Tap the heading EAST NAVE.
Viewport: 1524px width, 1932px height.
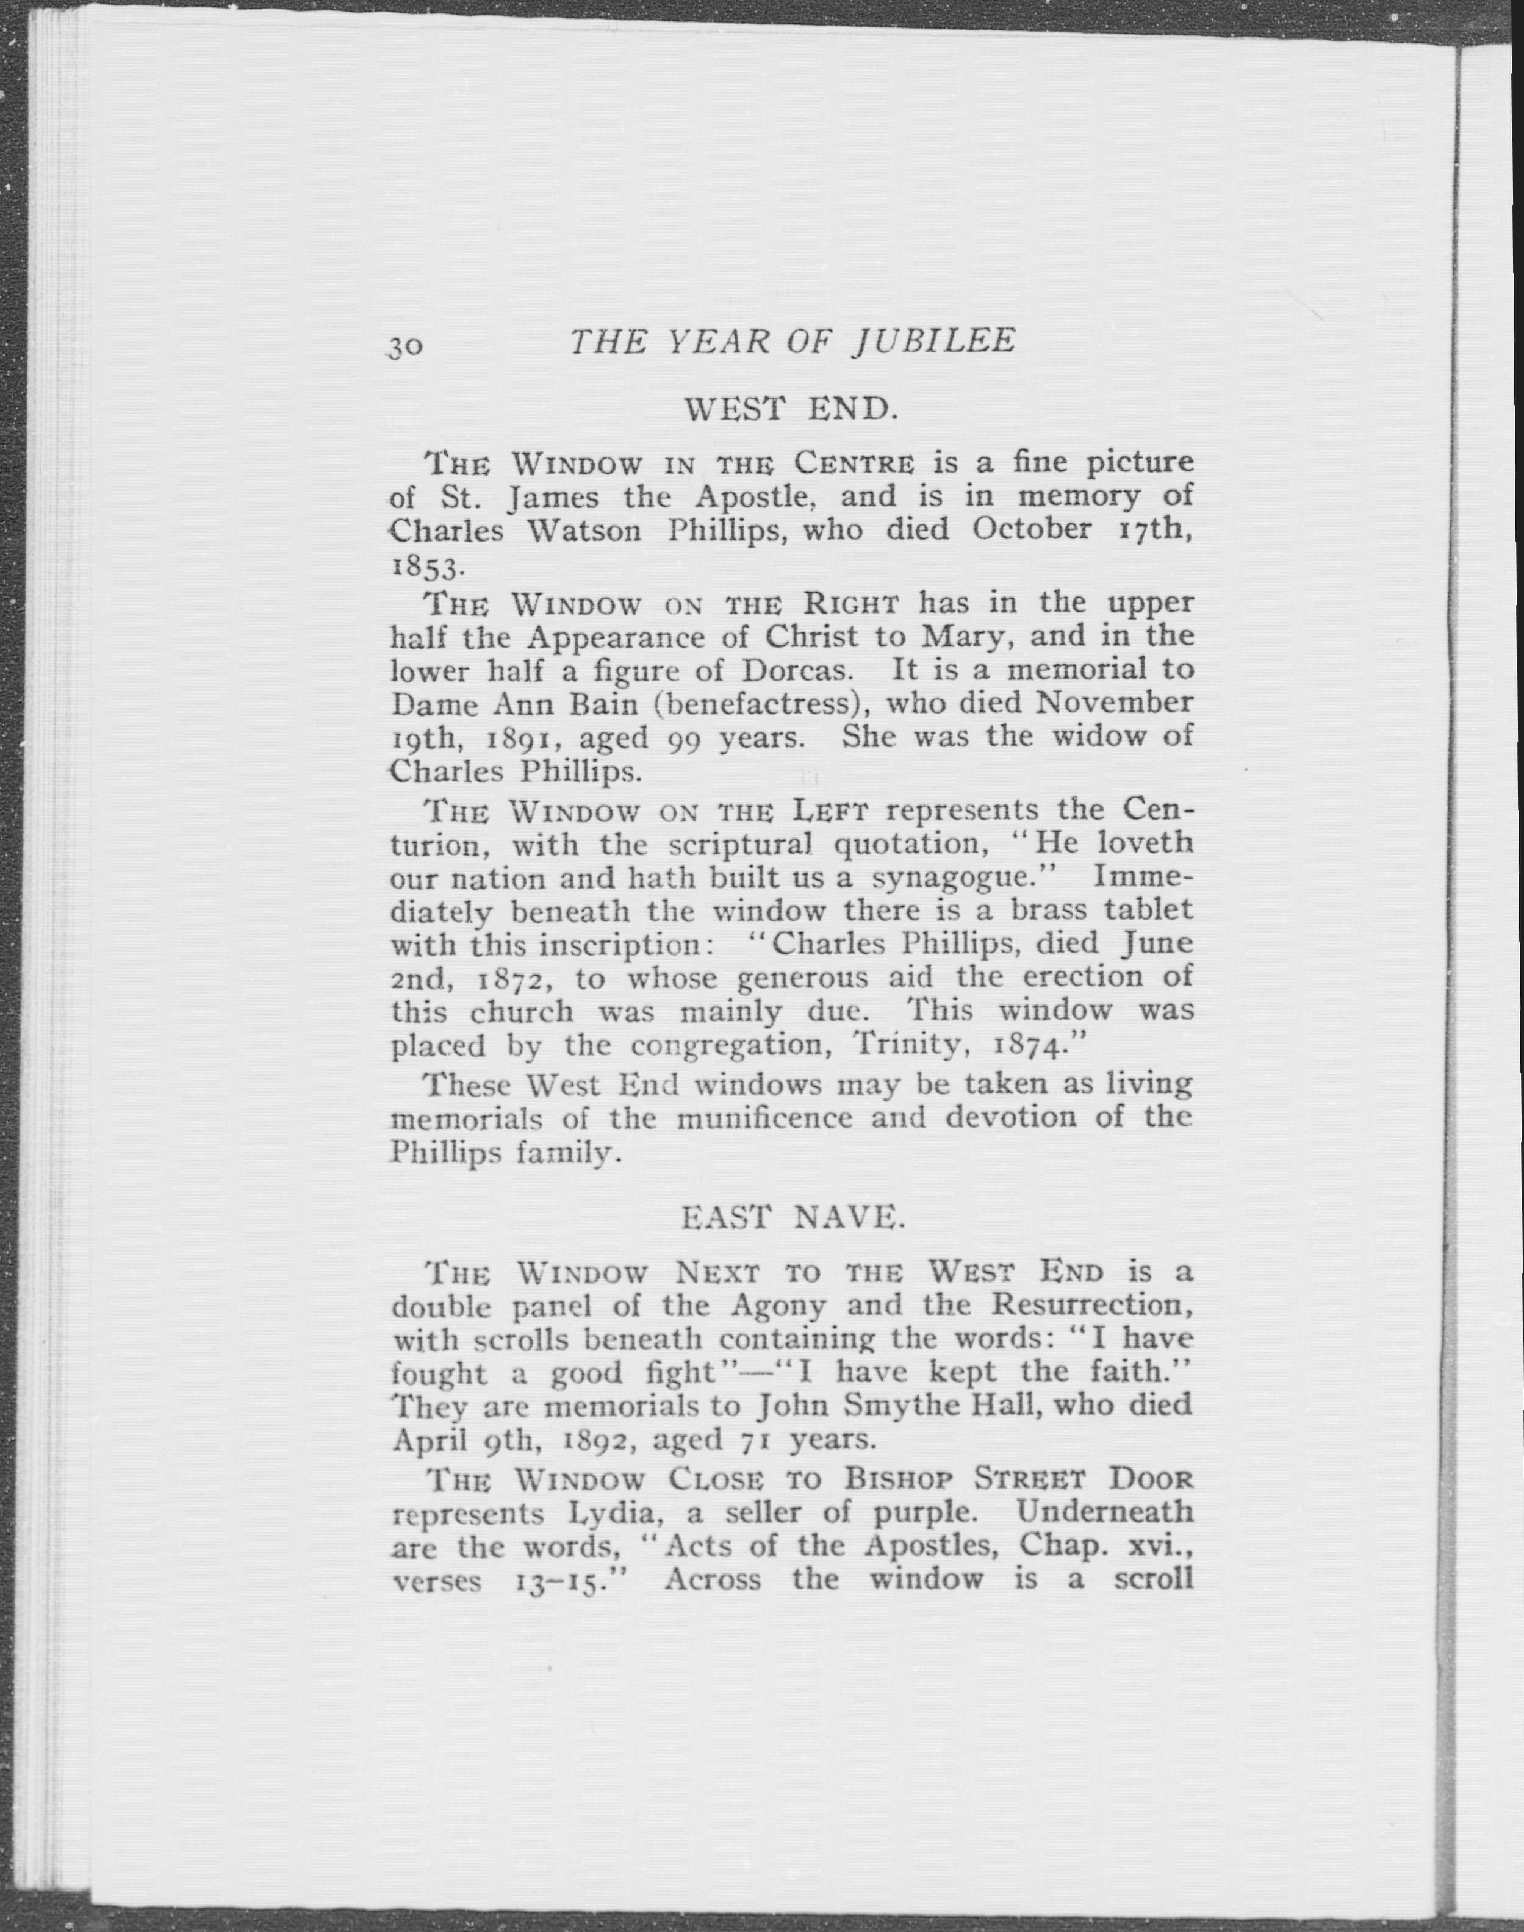[x=793, y=1217]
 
